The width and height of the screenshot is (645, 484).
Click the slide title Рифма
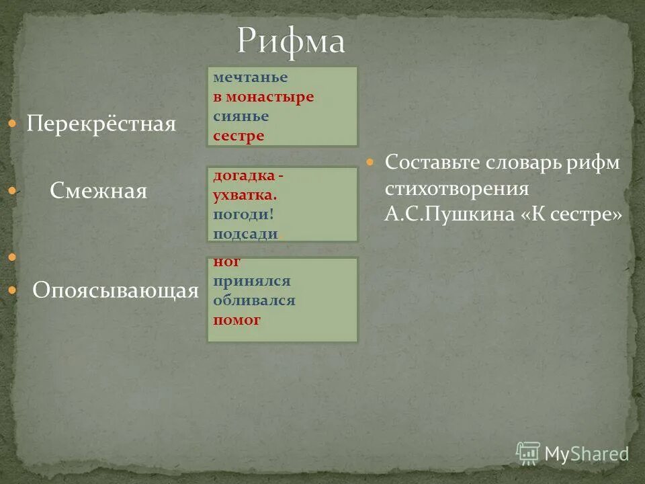pos(291,42)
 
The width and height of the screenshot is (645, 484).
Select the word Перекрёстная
pos(101,124)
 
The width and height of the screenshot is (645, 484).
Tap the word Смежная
pos(98,192)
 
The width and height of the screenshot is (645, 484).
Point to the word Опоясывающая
pos(116,290)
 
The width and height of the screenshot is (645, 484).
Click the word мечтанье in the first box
pos(241,77)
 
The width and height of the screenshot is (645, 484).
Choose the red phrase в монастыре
pos(263,97)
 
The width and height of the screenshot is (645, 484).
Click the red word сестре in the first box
pos(239,136)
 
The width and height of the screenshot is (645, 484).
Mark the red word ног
pos(227,262)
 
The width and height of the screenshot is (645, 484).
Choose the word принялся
pos(252,282)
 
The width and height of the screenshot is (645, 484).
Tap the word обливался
pos(254,300)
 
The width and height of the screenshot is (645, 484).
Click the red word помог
pos(236,320)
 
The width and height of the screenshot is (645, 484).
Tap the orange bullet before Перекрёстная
pos(12,124)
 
